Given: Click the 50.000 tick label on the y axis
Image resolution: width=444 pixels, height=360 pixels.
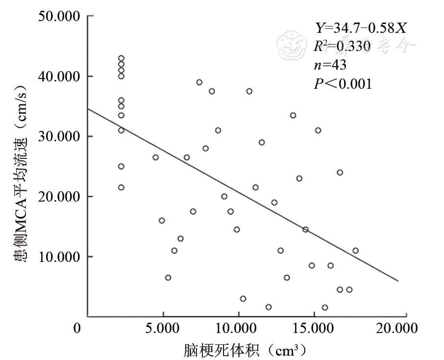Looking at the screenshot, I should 58,16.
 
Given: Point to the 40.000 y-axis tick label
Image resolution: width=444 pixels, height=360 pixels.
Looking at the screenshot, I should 58,77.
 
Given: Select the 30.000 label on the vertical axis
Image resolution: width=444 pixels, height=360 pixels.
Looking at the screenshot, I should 58,137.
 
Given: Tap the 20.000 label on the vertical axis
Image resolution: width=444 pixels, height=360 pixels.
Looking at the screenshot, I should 58,197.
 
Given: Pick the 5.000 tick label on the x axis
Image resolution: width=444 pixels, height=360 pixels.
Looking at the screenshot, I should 162,328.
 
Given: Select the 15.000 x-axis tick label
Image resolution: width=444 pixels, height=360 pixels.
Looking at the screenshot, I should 314,328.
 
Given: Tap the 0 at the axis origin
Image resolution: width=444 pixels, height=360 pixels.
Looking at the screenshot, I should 77,328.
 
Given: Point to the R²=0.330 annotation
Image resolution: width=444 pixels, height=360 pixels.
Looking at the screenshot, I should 342,47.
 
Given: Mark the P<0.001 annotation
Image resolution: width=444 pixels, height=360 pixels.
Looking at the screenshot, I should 343,83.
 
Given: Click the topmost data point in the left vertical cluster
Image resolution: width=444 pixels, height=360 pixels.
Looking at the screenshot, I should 121,58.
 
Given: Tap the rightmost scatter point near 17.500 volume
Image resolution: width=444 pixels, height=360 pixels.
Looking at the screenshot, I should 355,251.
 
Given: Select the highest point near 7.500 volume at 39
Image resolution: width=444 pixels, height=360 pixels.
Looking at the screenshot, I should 199,82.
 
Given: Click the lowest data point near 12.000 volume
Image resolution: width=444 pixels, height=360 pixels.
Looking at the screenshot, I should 269,307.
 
